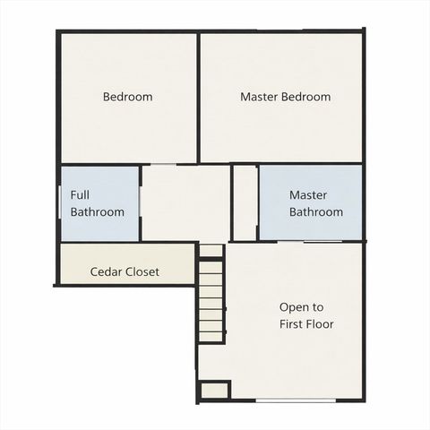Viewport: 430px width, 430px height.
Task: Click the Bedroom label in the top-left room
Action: tap(127, 97)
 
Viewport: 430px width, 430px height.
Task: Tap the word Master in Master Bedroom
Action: tap(259, 97)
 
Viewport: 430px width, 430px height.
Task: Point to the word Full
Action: tap(81, 193)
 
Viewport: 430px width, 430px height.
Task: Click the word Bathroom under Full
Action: tap(98, 212)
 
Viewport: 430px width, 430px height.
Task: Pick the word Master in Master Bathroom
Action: tap(308, 194)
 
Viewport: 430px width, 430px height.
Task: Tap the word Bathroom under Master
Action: tap(315, 212)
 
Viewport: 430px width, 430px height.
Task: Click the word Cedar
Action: tap(107, 271)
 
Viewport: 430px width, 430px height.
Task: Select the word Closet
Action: tap(143, 271)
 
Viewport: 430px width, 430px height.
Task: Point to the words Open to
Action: tap(301, 306)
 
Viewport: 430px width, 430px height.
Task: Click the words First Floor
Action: tap(306, 324)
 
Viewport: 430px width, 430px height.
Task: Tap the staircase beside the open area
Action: tap(211, 300)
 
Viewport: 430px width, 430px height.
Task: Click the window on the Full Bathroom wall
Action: tap(61, 202)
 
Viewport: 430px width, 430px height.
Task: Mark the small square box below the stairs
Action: tap(213, 390)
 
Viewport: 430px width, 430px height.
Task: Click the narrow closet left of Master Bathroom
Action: tap(245, 202)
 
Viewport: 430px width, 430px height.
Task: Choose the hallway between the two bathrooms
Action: tap(185, 202)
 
